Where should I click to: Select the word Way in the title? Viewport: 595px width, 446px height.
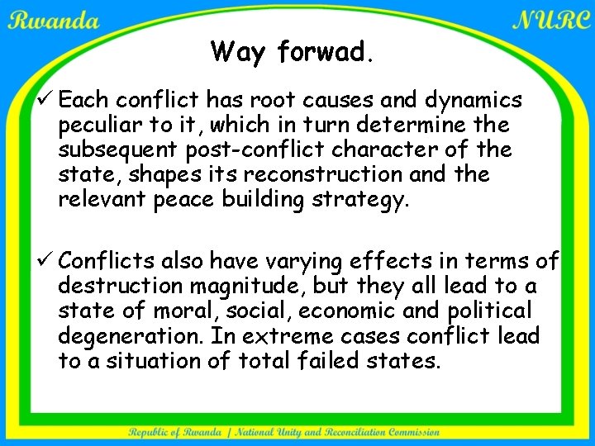(x=240, y=53)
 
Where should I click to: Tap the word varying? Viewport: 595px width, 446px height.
(x=313, y=262)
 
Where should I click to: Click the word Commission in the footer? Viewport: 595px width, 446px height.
(x=409, y=432)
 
